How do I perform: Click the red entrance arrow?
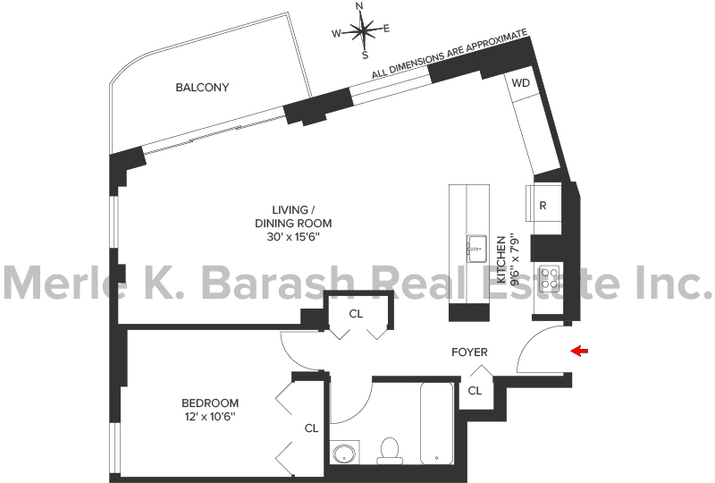579,351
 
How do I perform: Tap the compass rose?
364,30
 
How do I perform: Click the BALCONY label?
203,87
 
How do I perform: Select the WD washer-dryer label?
521,83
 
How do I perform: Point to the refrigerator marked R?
543,203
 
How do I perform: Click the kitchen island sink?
477,249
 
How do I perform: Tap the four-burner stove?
549,279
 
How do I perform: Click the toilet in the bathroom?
390,451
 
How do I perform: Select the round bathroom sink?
344,453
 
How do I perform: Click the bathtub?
437,423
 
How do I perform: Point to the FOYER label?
470,352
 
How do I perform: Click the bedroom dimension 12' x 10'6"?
210,416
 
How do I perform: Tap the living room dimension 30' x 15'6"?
294,237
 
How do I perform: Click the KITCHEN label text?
501,259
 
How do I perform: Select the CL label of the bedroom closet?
311,428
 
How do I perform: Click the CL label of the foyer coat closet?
475,391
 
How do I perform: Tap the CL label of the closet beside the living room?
356,314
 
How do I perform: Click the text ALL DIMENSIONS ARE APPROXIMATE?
450,54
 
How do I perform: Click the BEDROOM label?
210,403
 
